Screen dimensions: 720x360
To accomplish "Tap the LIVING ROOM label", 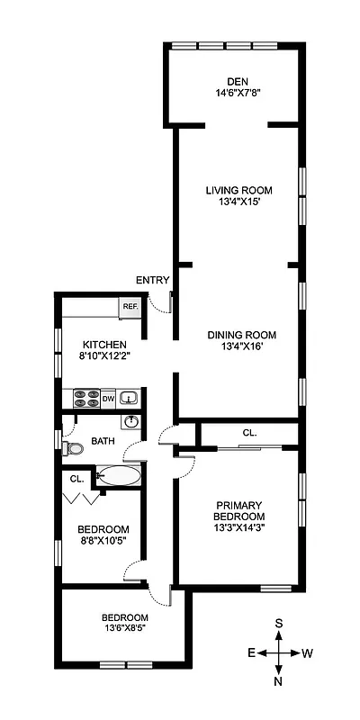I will point(238,190).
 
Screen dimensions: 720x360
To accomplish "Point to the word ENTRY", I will point(153,281).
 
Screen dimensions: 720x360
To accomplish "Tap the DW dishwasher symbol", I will point(108,398).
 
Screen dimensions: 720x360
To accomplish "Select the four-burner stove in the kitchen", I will point(85,398).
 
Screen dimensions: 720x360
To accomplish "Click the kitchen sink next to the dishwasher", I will point(129,398).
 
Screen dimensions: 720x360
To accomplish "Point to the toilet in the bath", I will point(74,447).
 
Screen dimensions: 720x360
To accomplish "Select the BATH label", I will point(103,441).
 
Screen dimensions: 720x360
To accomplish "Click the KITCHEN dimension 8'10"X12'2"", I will point(104,357).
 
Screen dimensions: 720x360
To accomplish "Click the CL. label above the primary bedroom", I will point(249,433).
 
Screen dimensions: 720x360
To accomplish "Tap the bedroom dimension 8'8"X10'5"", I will point(103,541).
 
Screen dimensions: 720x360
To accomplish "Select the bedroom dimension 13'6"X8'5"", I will point(124,629).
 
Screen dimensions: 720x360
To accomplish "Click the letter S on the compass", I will point(280,623).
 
